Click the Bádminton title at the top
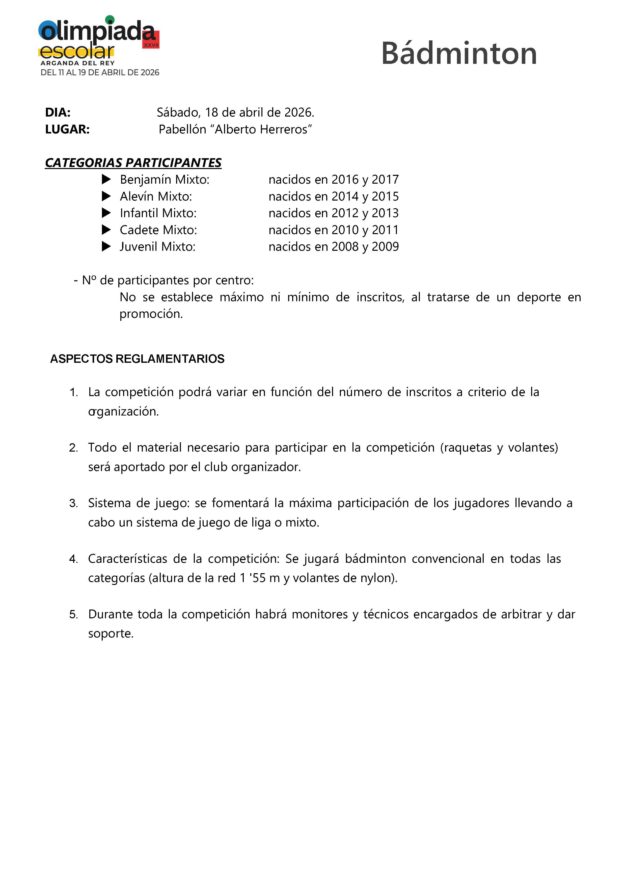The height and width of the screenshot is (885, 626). pos(459,53)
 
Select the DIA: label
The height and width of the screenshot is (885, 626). pos(58,112)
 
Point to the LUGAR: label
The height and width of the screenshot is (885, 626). pos(67,129)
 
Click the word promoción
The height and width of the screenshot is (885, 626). pos(151,314)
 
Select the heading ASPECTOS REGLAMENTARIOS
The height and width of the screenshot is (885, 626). pos(137,359)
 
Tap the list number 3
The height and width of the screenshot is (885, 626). pos(73,503)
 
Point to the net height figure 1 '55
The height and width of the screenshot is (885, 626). pos(253,578)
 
